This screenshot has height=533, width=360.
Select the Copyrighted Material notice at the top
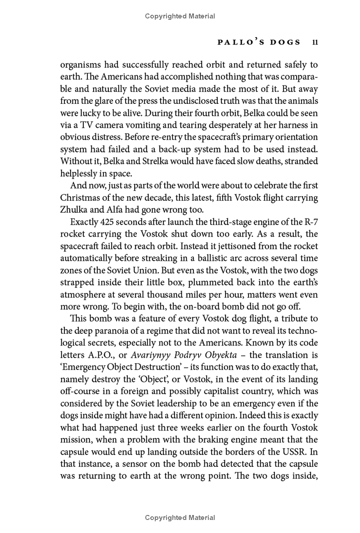click(x=180, y=16)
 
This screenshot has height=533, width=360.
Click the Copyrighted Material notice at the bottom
click(x=180, y=518)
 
